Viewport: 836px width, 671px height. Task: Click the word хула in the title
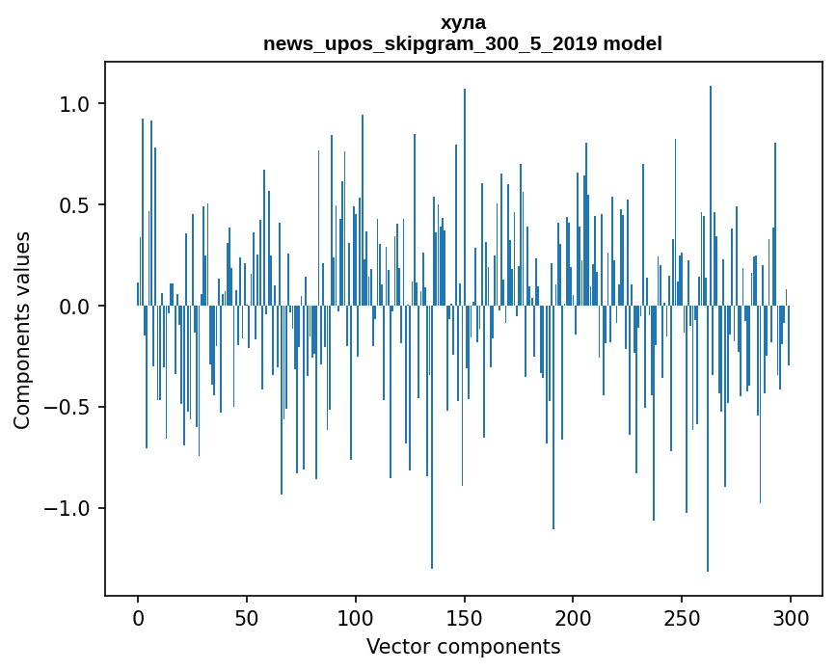click(x=463, y=22)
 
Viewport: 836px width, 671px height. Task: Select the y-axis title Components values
click(x=22, y=330)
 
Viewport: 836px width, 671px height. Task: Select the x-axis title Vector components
click(x=463, y=647)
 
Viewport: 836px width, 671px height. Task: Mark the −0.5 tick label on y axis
click(x=67, y=408)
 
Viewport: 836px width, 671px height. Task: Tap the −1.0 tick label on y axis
click(x=67, y=509)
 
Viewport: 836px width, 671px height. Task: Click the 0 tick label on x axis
click(x=138, y=617)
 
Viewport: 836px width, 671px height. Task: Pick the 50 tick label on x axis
click(x=247, y=617)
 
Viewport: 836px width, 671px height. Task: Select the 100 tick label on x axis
click(x=356, y=617)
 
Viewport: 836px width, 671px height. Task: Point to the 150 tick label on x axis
click(x=465, y=617)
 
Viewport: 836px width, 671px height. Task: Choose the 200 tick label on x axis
click(x=574, y=617)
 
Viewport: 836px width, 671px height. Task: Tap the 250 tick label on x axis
click(x=683, y=617)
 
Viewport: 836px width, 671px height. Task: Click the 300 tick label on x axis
click(x=791, y=617)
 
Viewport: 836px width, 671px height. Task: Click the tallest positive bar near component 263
click(x=711, y=193)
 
